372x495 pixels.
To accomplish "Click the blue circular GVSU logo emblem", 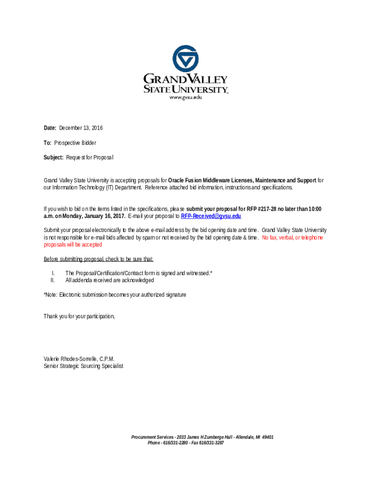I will click(x=186, y=59).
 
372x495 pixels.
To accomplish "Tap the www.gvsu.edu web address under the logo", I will click(x=185, y=97).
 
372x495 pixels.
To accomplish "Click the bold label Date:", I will click(x=50, y=128).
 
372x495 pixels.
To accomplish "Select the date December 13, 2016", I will click(x=81, y=128).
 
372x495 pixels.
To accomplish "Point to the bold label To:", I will click(x=48, y=143).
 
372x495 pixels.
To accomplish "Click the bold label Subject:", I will click(x=54, y=158).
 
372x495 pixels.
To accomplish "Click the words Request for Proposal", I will click(x=90, y=158).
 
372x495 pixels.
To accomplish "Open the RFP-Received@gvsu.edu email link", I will click(x=211, y=216).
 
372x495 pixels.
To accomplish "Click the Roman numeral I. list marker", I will click(x=53, y=273).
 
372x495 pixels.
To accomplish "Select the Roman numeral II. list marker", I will click(x=52, y=280).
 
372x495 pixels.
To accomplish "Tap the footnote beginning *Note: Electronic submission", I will click(x=114, y=295).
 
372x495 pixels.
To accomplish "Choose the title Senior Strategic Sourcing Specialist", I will click(x=83, y=366).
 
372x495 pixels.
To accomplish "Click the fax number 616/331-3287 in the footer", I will click(x=212, y=443).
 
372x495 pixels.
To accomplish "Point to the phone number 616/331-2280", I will click(x=176, y=443).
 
